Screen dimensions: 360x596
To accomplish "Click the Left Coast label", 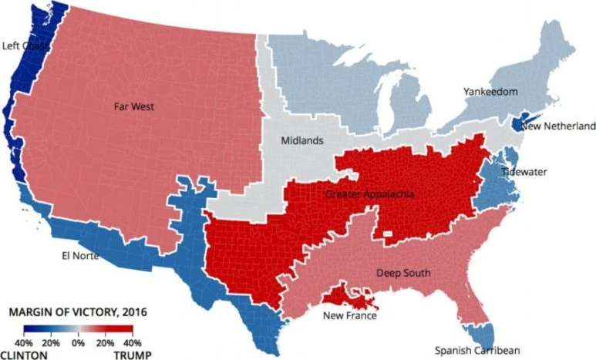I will (25, 46).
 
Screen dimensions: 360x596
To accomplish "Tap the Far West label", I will (133, 106).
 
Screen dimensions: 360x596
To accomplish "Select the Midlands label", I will (296, 141).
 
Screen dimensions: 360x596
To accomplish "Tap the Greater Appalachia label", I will (369, 193).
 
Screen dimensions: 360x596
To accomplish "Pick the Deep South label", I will (403, 273).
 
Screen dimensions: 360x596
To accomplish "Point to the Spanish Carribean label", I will (473, 351).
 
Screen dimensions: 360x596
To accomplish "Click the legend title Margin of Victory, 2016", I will (78, 312).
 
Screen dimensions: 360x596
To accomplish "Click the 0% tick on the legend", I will (78, 341).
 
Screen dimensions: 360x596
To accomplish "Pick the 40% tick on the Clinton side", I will (24, 341).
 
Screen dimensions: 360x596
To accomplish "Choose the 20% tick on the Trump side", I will (105, 341).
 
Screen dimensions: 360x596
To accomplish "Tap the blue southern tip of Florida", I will (483, 335).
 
